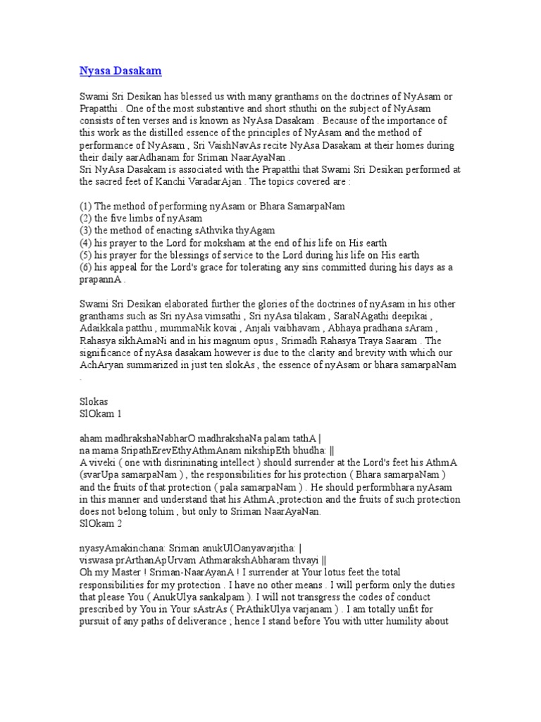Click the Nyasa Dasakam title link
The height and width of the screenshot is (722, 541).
pyautogui.click(x=120, y=71)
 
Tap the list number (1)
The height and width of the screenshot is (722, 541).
pyautogui.click(x=87, y=205)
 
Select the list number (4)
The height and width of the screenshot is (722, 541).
pyautogui.click(x=87, y=243)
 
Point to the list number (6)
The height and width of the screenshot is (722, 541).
pyautogui.click(x=87, y=267)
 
